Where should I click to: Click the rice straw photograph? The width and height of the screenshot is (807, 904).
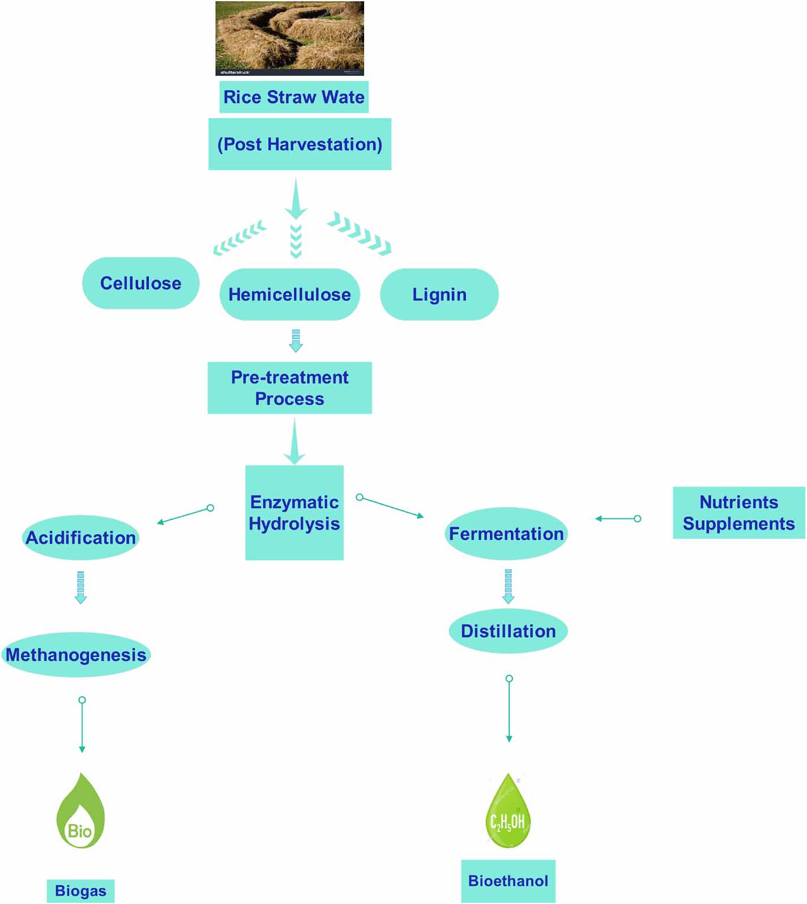[289, 38]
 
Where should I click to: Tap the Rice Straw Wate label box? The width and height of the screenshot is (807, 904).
[294, 97]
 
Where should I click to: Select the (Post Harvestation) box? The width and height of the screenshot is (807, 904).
[300, 144]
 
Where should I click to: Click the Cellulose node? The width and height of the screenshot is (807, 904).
[140, 283]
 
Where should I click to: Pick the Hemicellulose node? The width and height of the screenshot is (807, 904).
[289, 295]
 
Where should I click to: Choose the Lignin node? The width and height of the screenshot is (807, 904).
[439, 295]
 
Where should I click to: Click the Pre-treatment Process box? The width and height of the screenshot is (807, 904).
[289, 388]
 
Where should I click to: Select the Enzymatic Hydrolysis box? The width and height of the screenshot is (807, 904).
[294, 513]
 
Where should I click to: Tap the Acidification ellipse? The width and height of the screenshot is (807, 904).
[80, 538]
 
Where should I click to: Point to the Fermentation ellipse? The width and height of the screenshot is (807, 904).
[506, 534]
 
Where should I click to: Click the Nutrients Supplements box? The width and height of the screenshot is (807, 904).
[738, 513]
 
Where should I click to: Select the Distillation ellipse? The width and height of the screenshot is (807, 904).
[508, 631]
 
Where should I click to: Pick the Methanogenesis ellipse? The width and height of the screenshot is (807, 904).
[76, 655]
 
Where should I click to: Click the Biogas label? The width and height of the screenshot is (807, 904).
[80, 890]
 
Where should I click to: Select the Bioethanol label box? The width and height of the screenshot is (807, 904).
[508, 881]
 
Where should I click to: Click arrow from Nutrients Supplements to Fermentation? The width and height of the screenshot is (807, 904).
[617, 518]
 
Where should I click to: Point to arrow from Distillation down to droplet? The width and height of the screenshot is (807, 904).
[509, 709]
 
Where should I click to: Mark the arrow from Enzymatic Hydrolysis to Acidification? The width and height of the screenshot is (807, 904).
[185, 515]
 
